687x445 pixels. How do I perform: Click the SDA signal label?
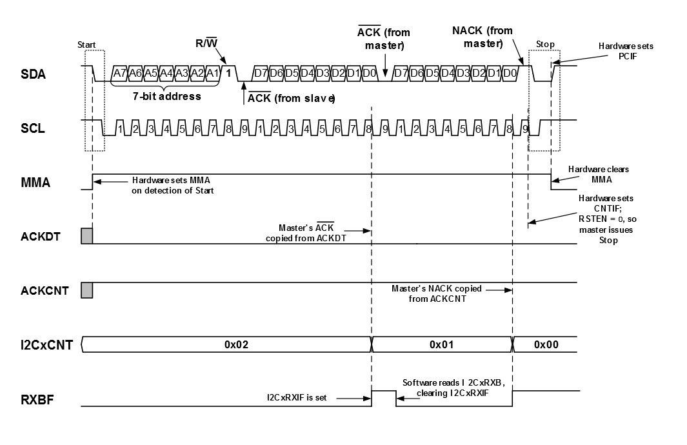point(33,74)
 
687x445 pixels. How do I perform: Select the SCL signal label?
point(33,128)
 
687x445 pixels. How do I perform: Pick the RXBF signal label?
point(36,399)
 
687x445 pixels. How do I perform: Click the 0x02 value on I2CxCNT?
point(237,345)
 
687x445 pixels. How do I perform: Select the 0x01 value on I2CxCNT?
point(442,345)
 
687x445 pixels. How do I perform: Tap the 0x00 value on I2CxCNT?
point(546,345)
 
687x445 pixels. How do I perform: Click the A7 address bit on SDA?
point(119,73)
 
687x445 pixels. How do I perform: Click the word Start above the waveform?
point(86,44)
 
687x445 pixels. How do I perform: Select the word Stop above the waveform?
point(545,44)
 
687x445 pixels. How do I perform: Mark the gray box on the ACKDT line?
point(87,236)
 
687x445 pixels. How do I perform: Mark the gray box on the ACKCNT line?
point(87,290)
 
